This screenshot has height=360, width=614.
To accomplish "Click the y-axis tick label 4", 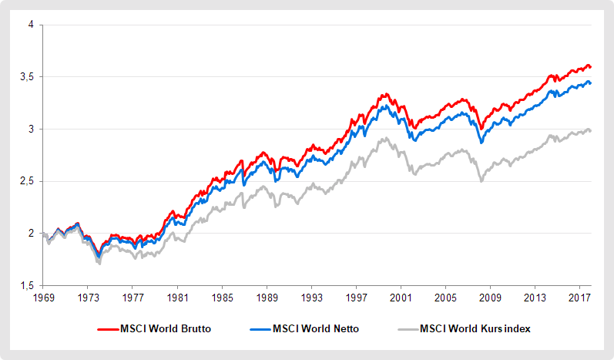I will coord(32,25).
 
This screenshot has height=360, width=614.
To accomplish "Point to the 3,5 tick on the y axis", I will coord(28,77).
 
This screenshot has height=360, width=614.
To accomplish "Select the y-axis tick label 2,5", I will coord(28,181).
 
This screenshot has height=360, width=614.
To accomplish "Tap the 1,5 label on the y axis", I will coord(28,285).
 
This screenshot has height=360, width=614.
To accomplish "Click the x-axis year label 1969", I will coord(44,297).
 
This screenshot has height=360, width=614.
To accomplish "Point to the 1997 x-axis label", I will coord(357,297).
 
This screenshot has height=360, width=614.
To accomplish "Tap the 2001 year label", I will coord(401,297).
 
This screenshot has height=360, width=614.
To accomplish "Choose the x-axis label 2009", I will coord(491,297).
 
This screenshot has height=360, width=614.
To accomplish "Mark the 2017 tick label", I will coord(580,297).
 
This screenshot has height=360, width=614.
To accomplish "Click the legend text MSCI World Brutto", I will coord(166,328).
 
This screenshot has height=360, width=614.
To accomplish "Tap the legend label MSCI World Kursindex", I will coord(475,328).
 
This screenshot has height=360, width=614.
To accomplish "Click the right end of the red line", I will coord(590,67).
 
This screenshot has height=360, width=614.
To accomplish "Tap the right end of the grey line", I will coord(590,130).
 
